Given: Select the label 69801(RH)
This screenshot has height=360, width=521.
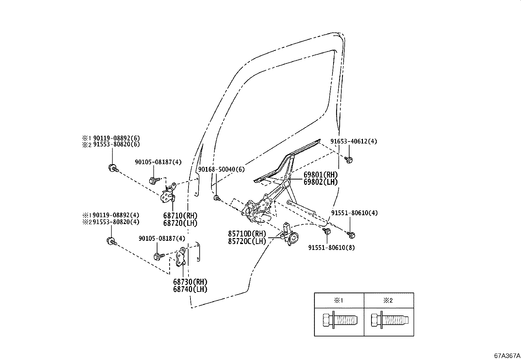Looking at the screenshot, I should coord(320,175).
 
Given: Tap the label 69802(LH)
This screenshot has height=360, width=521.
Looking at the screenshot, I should coord(320,182).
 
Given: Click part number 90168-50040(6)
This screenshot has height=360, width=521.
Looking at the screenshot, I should coord(221,169).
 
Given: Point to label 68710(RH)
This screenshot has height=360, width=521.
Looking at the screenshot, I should coord(180,216).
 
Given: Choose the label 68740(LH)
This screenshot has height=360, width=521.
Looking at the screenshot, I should coord(190,289).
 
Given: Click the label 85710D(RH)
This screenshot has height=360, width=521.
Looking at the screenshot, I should coord(247,234).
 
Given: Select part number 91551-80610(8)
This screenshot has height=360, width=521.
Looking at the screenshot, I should coord(331,248).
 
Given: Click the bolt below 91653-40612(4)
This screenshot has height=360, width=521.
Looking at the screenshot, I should coord(349,160).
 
